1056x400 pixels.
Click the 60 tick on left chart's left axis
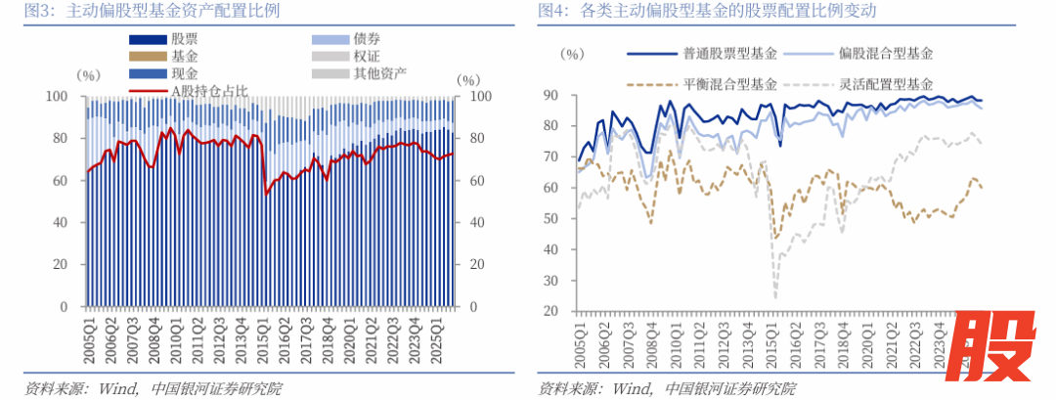62,181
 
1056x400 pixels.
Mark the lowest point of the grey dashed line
775,296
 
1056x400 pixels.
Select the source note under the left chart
152,388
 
